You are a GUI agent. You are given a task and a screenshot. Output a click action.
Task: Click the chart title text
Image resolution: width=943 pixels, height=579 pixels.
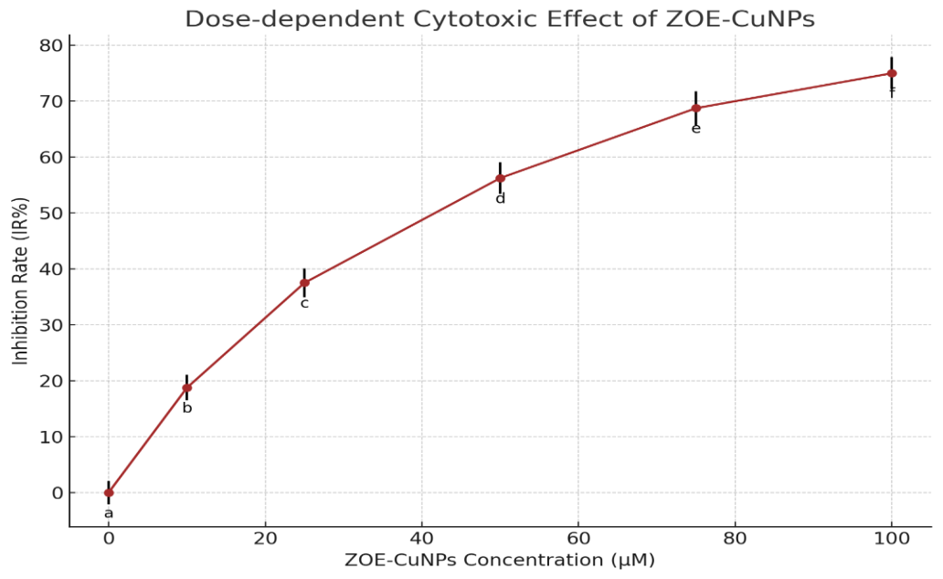[x=499, y=18]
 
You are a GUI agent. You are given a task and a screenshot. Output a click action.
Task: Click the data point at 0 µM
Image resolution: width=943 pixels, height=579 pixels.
[x=109, y=492]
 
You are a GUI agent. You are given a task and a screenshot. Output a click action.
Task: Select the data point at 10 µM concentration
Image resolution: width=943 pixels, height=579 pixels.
[x=186, y=388]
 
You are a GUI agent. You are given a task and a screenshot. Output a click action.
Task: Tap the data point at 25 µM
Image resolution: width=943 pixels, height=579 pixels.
[x=304, y=283]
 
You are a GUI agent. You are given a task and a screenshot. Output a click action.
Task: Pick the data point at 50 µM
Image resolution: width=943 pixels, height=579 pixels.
[x=500, y=178]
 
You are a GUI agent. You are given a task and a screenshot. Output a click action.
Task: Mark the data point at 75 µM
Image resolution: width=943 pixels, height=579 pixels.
[x=695, y=109]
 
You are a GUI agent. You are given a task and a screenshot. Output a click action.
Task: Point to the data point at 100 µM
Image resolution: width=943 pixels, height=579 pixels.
[x=892, y=73]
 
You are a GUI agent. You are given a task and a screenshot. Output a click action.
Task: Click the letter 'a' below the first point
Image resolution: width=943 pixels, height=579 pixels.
[x=109, y=513]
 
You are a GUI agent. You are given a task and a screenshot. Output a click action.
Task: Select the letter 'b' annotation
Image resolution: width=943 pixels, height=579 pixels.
[x=186, y=408]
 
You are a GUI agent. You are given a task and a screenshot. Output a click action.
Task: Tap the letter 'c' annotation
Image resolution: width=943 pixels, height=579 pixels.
[x=304, y=303]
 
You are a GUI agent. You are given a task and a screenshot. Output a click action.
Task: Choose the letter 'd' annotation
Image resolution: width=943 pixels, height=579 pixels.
[x=500, y=198]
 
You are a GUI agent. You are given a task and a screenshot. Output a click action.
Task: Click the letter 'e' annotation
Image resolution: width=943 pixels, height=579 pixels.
[x=695, y=129]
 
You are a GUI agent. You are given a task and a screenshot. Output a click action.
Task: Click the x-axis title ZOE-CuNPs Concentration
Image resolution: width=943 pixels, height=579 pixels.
[x=499, y=560]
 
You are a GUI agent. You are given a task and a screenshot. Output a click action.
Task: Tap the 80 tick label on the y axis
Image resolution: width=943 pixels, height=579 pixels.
[x=50, y=45]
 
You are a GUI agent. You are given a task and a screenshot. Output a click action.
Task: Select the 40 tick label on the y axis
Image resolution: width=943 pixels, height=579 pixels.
[x=50, y=268]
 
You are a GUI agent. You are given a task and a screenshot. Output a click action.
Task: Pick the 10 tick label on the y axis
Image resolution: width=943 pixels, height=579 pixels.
[x=50, y=437]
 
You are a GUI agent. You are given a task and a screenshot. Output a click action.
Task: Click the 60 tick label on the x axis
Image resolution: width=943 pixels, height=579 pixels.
[x=578, y=539]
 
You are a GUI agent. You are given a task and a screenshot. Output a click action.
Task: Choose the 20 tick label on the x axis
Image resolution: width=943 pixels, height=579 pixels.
[x=265, y=539]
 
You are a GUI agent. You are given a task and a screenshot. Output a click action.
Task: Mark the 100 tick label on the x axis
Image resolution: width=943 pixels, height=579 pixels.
[x=892, y=539]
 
